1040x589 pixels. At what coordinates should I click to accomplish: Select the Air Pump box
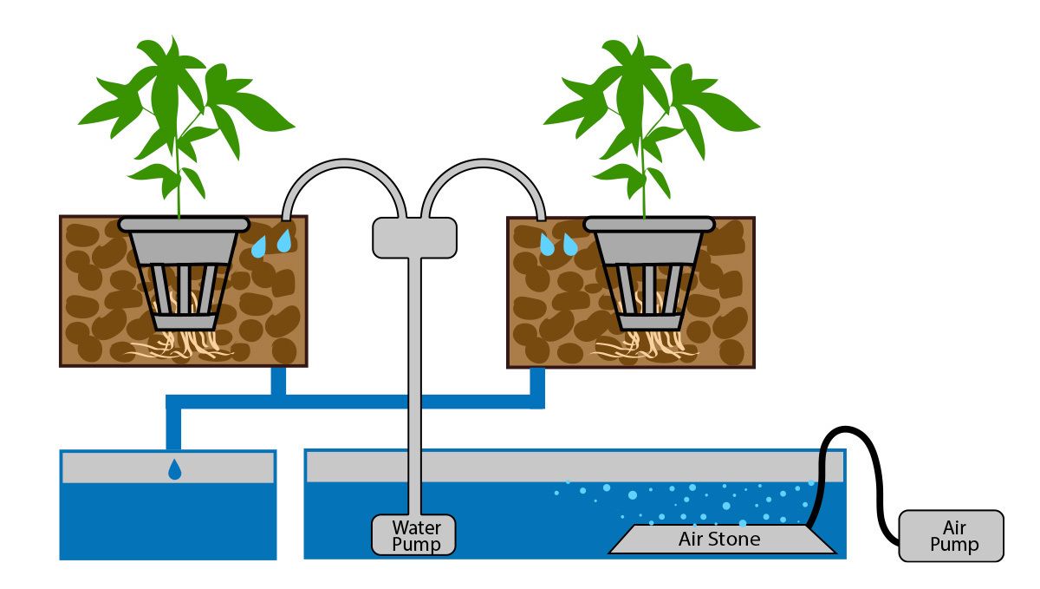point(951,536)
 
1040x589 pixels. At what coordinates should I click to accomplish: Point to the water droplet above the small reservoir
point(175,469)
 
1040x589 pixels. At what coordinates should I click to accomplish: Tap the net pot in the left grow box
point(183,278)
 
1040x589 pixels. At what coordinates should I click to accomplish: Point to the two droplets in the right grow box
point(558,245)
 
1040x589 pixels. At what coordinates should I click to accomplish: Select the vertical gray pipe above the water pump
point(414,382)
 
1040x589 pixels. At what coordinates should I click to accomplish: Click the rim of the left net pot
point(183,224)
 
